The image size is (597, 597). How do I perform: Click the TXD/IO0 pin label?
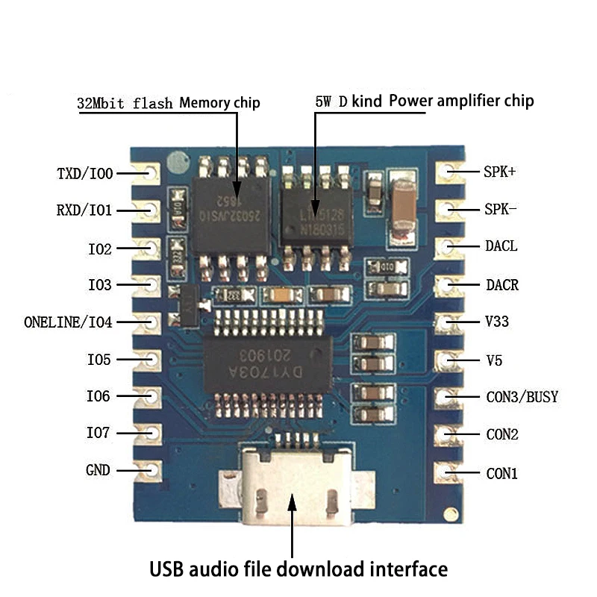click(84, 174)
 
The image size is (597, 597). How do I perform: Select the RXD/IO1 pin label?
click(84, 210)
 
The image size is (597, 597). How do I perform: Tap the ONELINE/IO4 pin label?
click(68, 322)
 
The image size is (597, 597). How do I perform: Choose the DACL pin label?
click(501, 246)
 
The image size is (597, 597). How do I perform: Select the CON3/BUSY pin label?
click(522, 397)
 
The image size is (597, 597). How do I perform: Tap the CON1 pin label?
click(501, 473)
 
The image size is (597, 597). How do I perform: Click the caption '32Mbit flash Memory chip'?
click(169, 103)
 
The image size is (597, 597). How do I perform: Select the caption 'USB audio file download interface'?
click(298, 569)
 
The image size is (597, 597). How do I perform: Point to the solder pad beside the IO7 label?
click(151, 433)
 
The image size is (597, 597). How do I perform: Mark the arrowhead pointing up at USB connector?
click(292, 501)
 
